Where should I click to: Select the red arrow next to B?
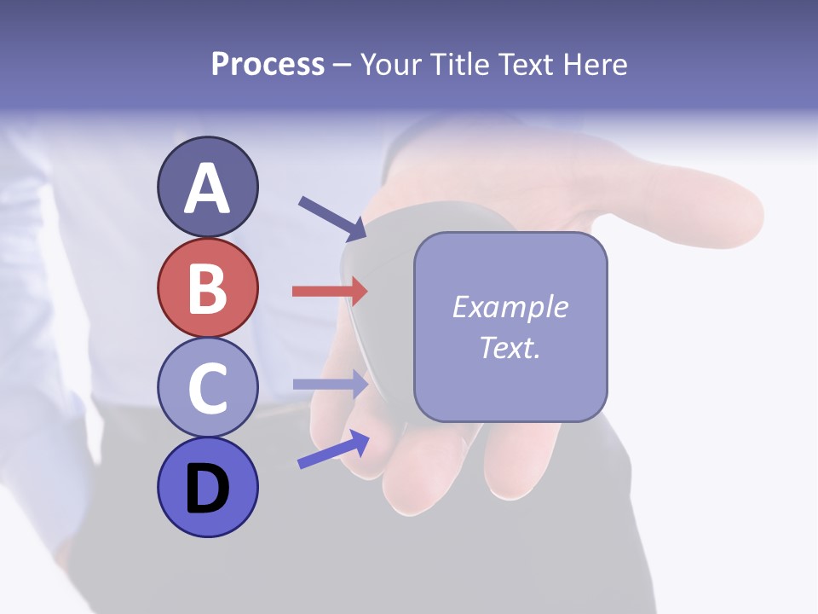coord(329,292)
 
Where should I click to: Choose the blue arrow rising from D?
coord(333,449)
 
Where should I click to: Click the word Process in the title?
coord(268,65)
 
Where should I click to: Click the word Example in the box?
coord(510,307)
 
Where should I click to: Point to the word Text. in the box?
coord(510,347)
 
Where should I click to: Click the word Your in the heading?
coord(391,65)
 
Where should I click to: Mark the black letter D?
coord(207,489)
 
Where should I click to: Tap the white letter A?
coord(207,189)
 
